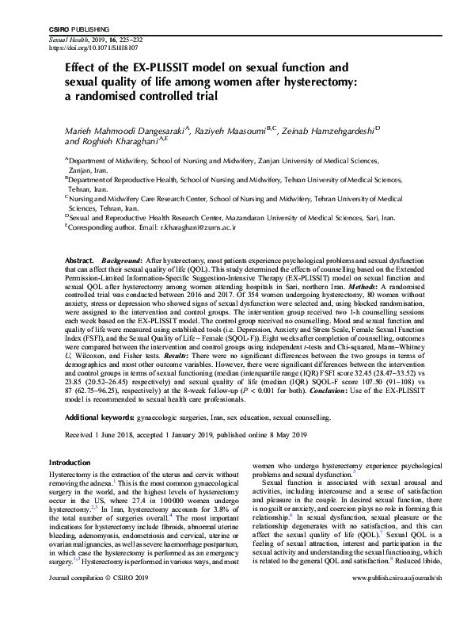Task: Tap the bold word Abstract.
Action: pyautogui.click(x=80, y=261)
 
